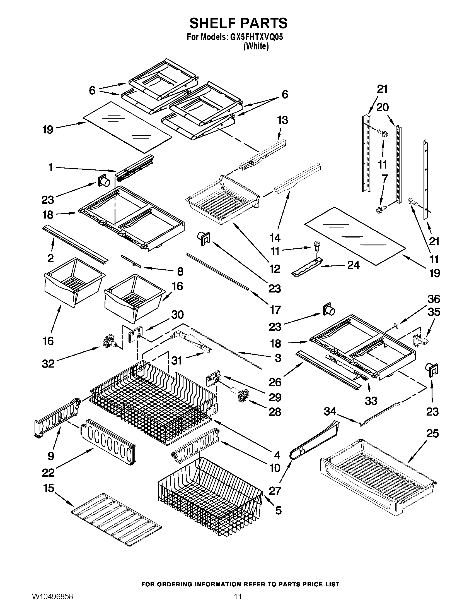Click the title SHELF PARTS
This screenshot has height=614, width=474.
[238, 23]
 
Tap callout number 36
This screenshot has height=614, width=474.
[434, 299]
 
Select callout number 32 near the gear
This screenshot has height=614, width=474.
[48, 364]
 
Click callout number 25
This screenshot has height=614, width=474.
[432, 433]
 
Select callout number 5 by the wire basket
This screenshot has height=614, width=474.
[278, 510]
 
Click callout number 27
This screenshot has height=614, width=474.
[275, 491]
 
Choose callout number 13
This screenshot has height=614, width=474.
[282, 120]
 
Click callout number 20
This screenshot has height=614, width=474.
[382, 107]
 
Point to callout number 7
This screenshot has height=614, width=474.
[384, 179]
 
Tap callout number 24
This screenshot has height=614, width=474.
[353, 265]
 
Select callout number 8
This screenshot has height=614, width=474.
[180, 272]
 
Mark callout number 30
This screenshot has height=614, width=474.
[177, 315]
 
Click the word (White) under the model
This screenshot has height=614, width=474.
[256, 46]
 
